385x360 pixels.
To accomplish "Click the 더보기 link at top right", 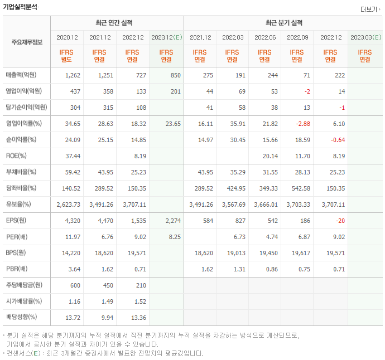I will coord(369,9).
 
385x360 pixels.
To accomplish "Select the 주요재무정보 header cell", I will coord(27,42).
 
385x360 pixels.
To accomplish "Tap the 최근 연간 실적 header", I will coord(117,23).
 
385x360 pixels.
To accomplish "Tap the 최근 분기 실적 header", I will coord(283,23).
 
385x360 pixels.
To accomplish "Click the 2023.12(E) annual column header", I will coord(166,37).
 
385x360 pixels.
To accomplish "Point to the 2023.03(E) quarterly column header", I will coord(365,37).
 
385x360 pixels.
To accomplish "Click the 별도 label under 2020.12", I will coord(67,60).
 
